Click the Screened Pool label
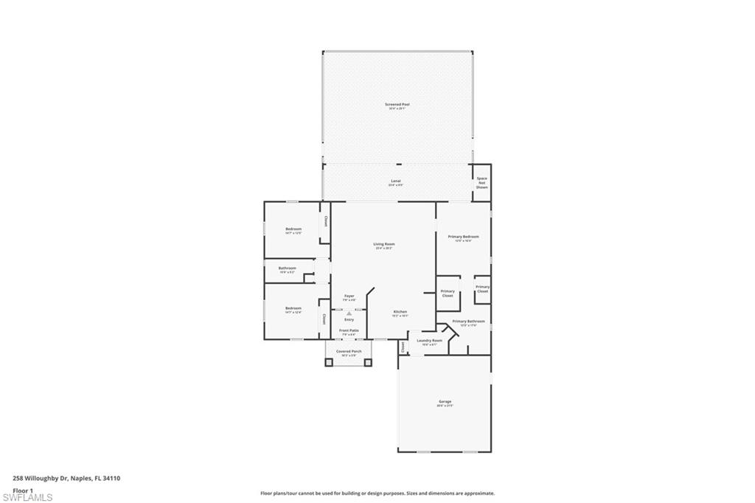click(397, 105)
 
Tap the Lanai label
click(396, 181)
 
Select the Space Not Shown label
click(481, 183)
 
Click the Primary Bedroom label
click(463, 237)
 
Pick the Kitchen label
click(400, 312)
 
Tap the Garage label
click(444, 402)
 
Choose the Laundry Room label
click(429, 341)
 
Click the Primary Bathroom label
click(469, 322)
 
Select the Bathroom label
click(287, 268)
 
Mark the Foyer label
click(349, 296)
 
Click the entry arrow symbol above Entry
click(349, 313)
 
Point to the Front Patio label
click(349, 330)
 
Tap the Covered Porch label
click(349, 352)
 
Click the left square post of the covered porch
click(329, 362)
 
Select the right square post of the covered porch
click(368, 362)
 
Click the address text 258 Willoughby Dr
click(41, 478)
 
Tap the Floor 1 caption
click(23, 490)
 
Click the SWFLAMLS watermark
click(28, 498)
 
